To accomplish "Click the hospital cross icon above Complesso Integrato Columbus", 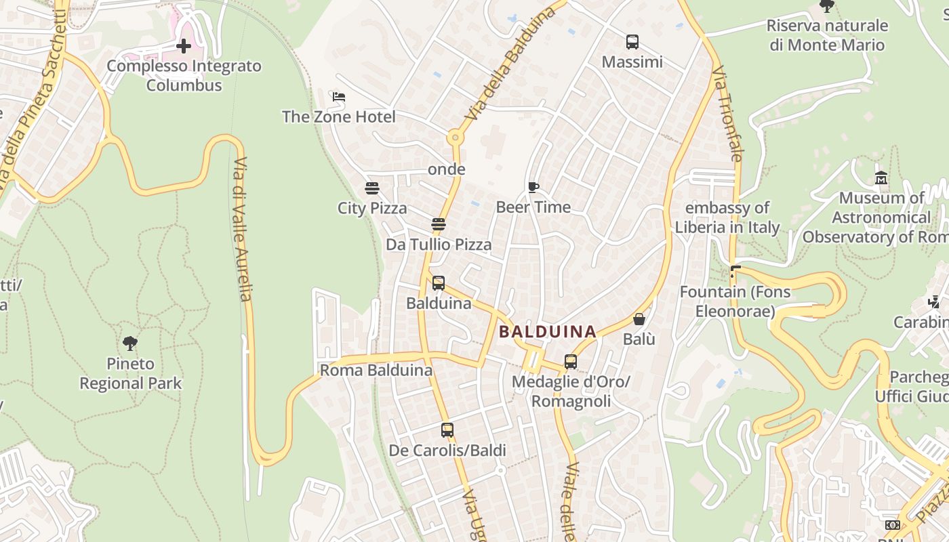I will click(183, 46).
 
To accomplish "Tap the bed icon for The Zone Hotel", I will click(339, 97).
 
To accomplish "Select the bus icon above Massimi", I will click(632, 42).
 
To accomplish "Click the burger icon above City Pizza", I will click(371, 188).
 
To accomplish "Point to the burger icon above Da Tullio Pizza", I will click(439, 224).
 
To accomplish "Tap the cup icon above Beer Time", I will click(533, 187).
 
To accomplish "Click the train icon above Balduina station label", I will click(439, 283).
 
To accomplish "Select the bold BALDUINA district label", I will click(548, 332).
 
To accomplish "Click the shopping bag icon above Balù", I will click(639, 318).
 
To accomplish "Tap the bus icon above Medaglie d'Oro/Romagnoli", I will click(571, 362).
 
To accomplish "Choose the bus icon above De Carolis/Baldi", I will click(447, 430).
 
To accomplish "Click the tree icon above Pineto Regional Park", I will click(130, 343).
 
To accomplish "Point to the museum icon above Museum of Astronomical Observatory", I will click(881, 178).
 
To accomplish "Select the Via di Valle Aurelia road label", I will click(242, 229).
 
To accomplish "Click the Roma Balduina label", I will click(376, 371).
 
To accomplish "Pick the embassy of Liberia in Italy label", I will click(727, 217).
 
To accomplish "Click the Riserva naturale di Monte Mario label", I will click(827, 35).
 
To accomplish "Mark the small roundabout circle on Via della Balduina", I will click(454, 138).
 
